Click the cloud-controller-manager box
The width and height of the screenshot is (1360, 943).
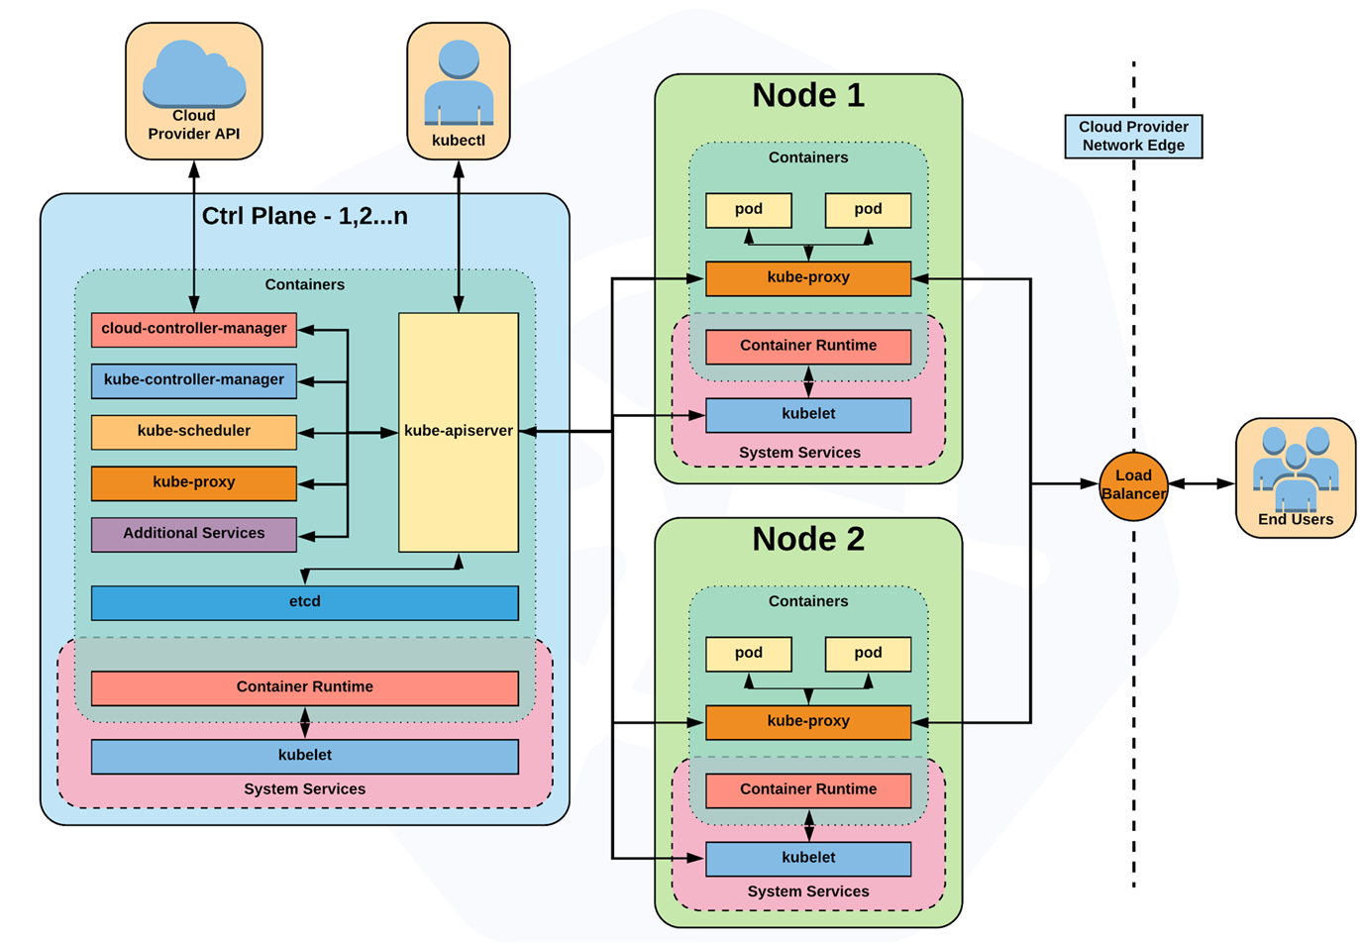pyautogui.click(x=194, y=330)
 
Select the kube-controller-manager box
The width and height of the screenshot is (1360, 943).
pyautogui.click(x=194, y=380)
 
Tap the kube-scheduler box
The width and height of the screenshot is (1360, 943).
pyautogui.click(x=194, y=432)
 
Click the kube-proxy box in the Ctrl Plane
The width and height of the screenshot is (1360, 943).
pyautogui.click(x=194, y=483)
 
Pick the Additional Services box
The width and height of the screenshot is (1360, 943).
pyautogui.click(x=194, y=534)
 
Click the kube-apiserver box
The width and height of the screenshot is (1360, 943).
pyautogui.click(x=459, y=432)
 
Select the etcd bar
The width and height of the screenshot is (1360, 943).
pyautogui.click(x=305, y=603)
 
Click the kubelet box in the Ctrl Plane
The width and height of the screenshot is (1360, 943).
pyautogui.click(x=305, y=757)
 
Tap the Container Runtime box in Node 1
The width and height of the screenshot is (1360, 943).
pyautogui.click(x=808, y=347)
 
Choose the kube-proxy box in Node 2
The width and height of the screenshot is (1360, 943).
pyautogui.click(x=808, y=722)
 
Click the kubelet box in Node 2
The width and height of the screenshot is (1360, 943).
pyautogui.click(x=808, y=859)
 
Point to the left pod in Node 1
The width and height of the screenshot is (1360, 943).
pyautogui.click(x=749, y=211)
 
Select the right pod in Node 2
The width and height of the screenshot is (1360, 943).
pyautogui.click(x=869, y=654)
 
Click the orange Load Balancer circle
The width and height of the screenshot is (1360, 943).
pyautogui.click(x=1133, y=485)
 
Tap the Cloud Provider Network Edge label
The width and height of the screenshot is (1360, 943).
pyautogui.click(x=1133, y=136)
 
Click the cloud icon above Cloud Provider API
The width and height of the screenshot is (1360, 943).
pyautogui.click(x=194, y=73)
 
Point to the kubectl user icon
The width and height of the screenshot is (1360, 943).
pyautogui.click(x=459, y=82)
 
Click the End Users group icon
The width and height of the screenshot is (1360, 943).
pyautogui.click(x=1296, y=469)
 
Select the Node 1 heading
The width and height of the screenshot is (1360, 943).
pyautogui.click(x=808, y=95)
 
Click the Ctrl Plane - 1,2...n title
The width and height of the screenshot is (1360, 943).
pyautogui.click(x=305, y=216)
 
